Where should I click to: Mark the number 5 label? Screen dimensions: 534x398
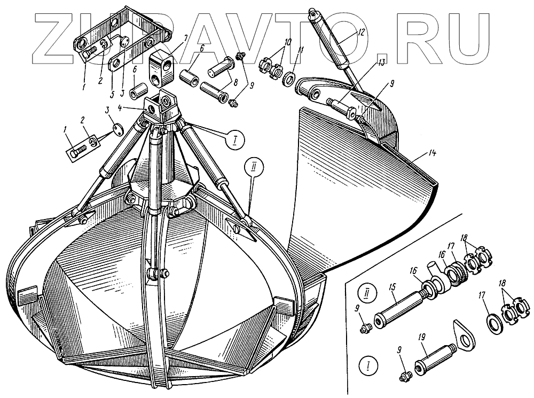pos(112,95)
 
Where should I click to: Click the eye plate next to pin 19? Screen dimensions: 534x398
pos(466,331)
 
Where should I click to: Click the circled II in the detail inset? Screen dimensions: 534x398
pos(368,293)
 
